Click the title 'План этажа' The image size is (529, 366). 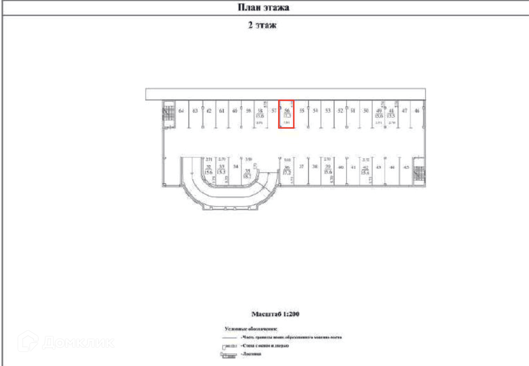click(263, 7)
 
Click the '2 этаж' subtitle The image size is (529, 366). click(262, 25)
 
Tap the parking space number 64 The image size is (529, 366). click(181, 111)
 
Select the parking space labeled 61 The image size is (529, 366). click(222, 111)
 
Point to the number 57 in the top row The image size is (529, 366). click(274, 110)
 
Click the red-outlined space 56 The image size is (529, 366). click(287, 114)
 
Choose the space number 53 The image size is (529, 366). click(328, 110)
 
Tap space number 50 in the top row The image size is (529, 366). click(366, 110)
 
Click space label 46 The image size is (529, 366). click(417, 110)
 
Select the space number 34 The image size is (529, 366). click(236, 166)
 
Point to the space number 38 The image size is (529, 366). click(315, 166)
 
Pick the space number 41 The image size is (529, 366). click(353, 167)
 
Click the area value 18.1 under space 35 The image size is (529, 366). click(247, 176)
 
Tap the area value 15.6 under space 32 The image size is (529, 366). click(209, 172)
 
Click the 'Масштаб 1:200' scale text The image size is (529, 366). click(275, 314)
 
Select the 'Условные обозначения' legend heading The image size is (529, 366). click(251, 329)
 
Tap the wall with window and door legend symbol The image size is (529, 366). click(229, 346)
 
